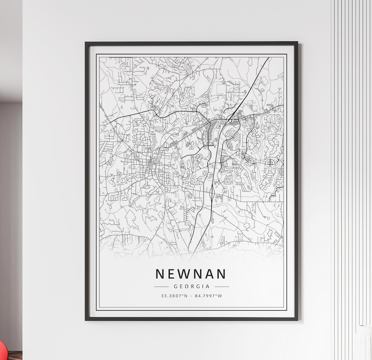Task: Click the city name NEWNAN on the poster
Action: pyautogui.click(x=191, y=274)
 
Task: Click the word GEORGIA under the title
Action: pyautogui.click(x=192, y=286)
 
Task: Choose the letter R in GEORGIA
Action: pyautogui.click(x=192, y=286)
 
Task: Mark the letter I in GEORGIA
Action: pyautogui.click(x=203, y=286)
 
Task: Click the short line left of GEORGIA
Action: pyautogui.click(x=161, y=286)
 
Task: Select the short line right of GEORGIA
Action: pyautogui.click(x=222, y=286)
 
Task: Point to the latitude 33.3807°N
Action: pyautogui.click(x=174, y=296)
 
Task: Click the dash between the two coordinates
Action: pyautogui.click(x=192, y=296)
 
